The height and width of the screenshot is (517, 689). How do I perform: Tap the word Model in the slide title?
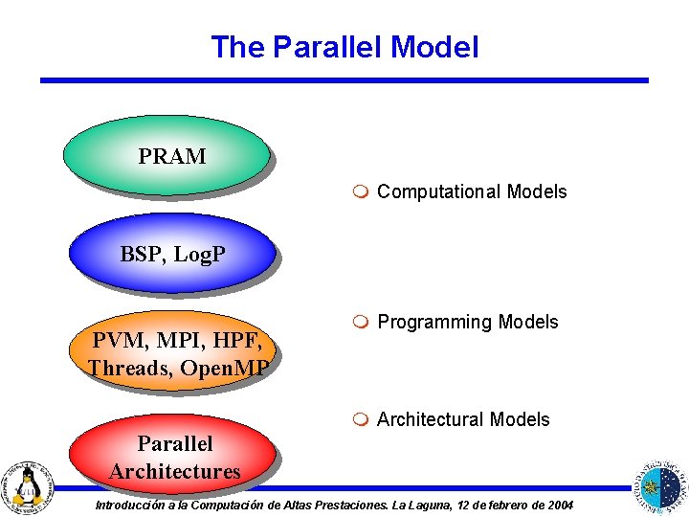(434, 47)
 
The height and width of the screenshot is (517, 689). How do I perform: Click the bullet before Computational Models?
(359, 192)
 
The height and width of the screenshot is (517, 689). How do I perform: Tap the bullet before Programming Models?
(359, 323)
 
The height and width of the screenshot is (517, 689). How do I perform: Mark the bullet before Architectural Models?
(359, 419)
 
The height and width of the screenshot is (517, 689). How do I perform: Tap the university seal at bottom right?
(661, 484)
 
